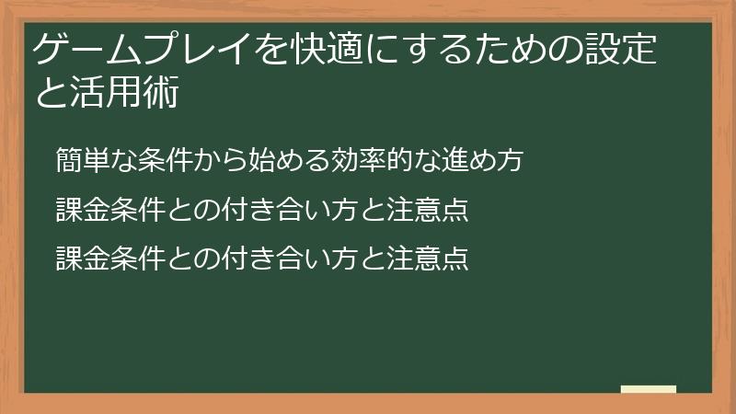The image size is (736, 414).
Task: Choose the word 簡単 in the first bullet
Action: pyautogui.click(x=78, y=159)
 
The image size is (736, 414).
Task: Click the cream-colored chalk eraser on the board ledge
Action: pyautogui.click(x=648, y=390)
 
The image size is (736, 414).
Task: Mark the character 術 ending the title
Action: pyautogui.click(x=161, y=95)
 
